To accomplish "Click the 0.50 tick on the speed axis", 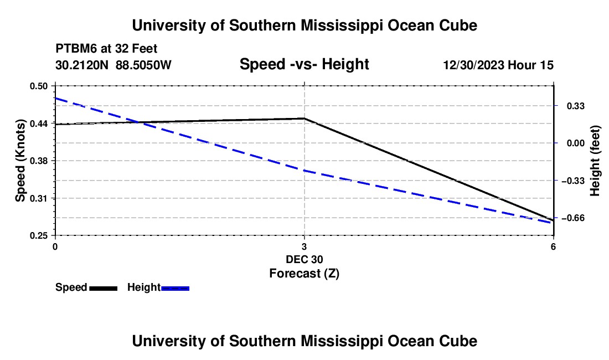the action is point(38,86).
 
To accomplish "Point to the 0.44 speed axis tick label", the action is point(38,124).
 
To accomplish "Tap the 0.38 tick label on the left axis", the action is point(38,161).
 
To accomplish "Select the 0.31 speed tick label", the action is point(38,198).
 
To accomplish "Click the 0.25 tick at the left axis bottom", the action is point(38,236).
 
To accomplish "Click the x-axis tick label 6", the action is point(553,247).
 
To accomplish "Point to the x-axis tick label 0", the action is point(55,247).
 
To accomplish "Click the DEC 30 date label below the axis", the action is point(304,259).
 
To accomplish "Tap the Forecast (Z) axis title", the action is point(304,274).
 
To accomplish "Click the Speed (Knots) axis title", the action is point(20,161).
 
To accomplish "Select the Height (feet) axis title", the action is point(595,161).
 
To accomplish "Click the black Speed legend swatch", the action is point(104,288).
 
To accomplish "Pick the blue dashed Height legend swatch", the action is point(175,288).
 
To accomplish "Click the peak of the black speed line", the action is point(304,118).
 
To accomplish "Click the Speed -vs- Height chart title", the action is point(304,64).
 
